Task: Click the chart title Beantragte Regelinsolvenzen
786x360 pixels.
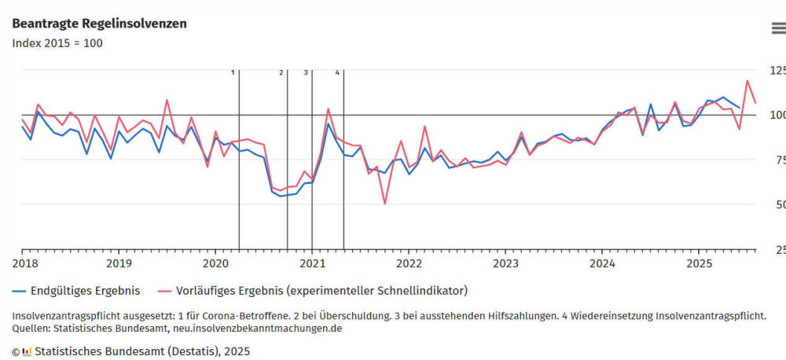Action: pyautogui.click(x=99, y=24)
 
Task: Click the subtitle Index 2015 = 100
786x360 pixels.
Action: pyautogui.click(x=57, y=43)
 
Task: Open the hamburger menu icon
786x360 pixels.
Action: pyautogui.click(x=777, y=28)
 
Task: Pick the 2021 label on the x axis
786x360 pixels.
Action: pyautogui.click(x=312, y=263)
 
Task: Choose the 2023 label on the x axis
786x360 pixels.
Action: pyautogui.click(x=505, y=263)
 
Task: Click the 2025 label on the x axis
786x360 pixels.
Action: pyautogui.click(x=699, y=263)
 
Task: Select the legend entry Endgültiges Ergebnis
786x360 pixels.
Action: pyautogui.click(x=83, y=291)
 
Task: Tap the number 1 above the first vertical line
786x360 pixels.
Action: pyautogui.click(x=233, y=72)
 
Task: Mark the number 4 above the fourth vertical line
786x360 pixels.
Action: pyautogui.click(x=337, y=72)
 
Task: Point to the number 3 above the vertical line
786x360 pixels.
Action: pyautogui.click(x=306, y=72)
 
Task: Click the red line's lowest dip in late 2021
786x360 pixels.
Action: pyautogui.click(x=384, y=204)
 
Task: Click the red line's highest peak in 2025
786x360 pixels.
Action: pyautogui.click(x=747, y=81)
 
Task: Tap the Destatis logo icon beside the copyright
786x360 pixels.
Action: pyautogui.click(x=27, y=351)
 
